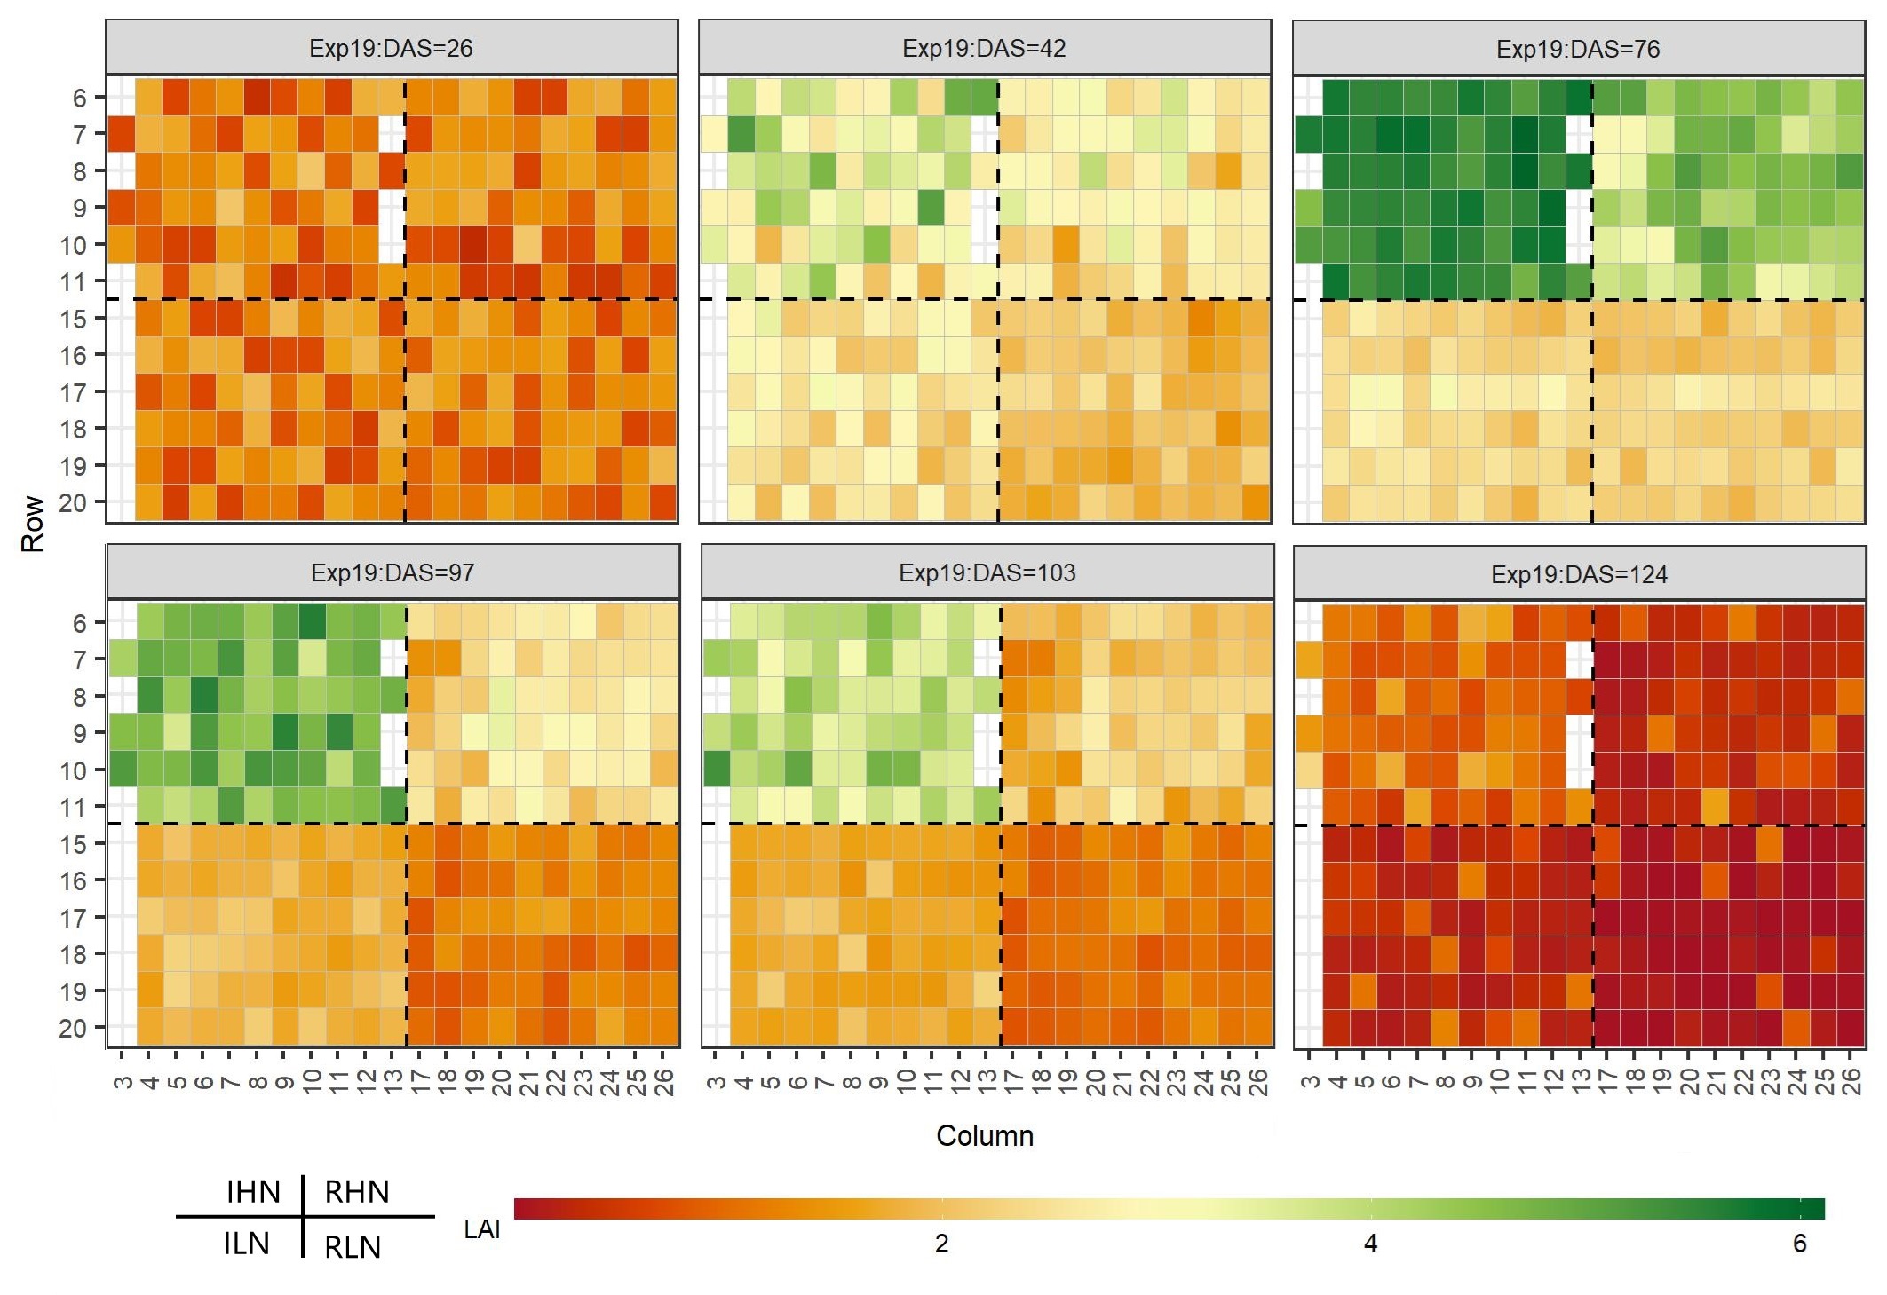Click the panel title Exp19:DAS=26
(391, 49)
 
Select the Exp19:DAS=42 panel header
(984, 49)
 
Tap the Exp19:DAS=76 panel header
(1578, 49)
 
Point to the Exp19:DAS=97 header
(392, 573)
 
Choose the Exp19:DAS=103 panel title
(987, 573)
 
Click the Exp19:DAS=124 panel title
(1579, 575)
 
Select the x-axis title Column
(985, 1136)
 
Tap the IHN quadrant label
(253, 1192)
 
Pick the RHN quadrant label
(357, 1192)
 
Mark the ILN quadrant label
(246, 1244)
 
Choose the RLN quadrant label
(353, 1247)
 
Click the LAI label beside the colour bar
(482, 1229)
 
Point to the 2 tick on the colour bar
(942, 1244)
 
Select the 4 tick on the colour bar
(1371, 1244)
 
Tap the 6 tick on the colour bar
(1800, 1244)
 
